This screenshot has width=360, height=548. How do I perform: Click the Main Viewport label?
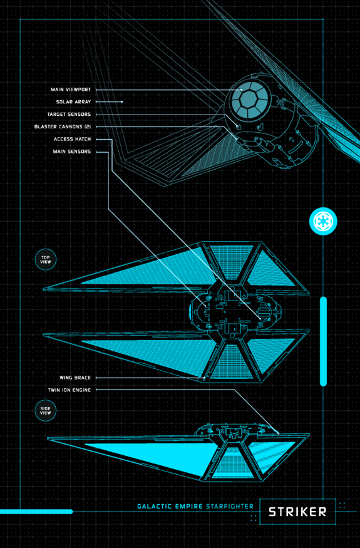coord(71,90)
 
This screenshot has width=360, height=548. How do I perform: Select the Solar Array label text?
coord(73,102)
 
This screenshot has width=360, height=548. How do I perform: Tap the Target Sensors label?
coord(69,114)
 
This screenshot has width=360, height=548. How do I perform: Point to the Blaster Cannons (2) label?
coord(63,127)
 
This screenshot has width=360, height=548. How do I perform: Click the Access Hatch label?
coord(72,139)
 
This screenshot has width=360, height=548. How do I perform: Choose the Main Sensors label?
coord(71,152)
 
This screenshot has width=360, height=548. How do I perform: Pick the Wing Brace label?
coord(75,378)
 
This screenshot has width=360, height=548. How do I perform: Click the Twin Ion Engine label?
coord(69,390)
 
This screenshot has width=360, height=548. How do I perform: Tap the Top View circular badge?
coord(46,260)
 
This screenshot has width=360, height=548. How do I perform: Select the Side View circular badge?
coord(46,411)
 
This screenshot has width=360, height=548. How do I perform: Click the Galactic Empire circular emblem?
coord(323,221)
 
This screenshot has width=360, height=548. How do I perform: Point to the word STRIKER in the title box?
coord(297,512)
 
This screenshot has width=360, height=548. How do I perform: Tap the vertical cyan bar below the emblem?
coord(323,341)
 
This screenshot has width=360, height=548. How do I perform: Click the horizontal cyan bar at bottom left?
coord(36,512)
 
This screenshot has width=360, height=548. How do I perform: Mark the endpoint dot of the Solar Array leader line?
coord(122,102)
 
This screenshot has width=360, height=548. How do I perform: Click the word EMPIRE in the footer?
coord(188,507)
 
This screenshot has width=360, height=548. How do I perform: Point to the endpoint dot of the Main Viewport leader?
coord(241,90)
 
